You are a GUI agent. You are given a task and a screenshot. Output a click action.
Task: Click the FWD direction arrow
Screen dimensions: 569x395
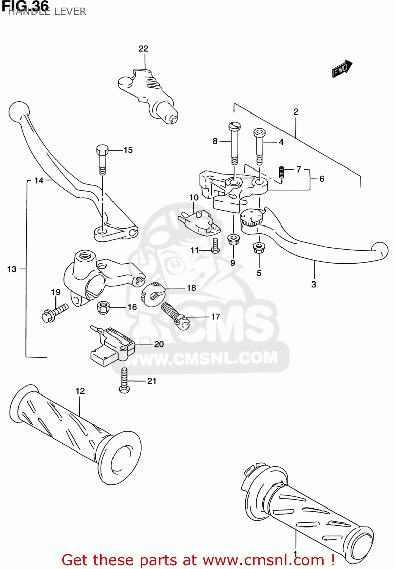click(342, 69)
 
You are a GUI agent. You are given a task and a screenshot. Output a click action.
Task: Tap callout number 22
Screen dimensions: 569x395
click(143, 49)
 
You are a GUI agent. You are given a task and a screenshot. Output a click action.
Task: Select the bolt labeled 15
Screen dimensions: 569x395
click(102, 159)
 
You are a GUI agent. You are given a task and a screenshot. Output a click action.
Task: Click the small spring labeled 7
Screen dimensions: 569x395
click(282, 172)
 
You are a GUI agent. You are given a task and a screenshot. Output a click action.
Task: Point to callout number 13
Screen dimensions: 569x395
click(12, 269)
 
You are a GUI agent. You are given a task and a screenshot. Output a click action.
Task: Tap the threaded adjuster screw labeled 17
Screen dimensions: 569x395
click(174, 314)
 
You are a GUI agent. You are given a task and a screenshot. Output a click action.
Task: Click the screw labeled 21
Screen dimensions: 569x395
click(124, 380)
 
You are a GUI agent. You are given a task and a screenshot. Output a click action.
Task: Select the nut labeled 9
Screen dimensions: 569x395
click(233, 239)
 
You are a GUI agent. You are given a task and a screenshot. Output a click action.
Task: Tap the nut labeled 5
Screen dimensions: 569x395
click(259, 248)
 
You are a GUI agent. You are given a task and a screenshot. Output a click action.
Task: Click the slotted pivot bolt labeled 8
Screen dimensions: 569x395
click(234, 143)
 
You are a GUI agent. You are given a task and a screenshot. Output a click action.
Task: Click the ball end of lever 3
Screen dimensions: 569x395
click(380, 251)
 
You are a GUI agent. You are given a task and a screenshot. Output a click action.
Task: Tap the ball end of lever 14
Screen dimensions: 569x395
click(19, 111)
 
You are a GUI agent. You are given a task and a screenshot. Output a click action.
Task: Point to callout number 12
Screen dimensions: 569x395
click(80, 391)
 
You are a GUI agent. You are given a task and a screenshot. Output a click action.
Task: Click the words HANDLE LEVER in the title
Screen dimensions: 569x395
click(47, 11)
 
